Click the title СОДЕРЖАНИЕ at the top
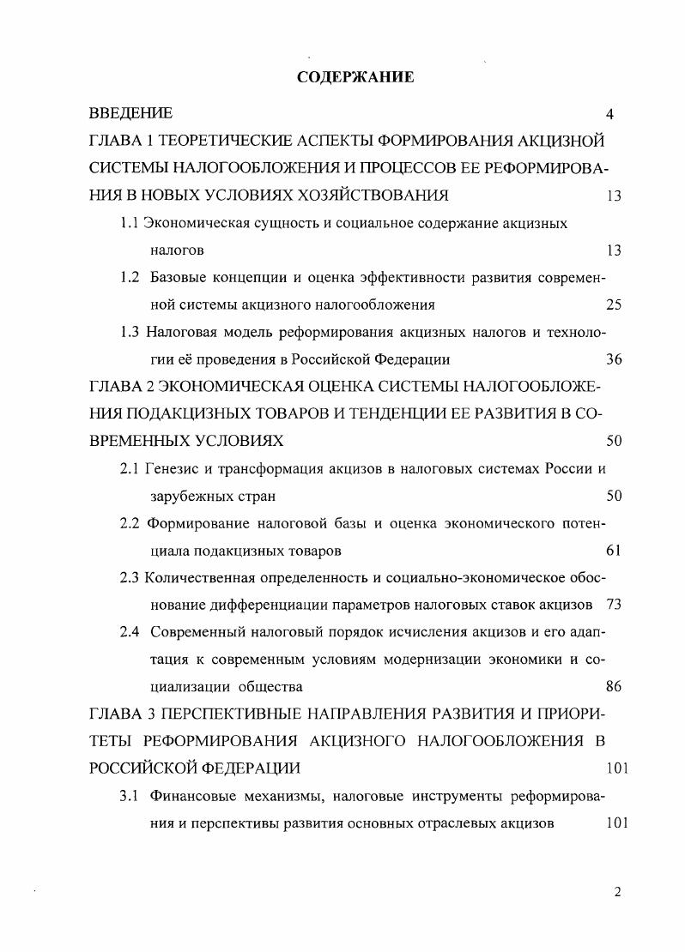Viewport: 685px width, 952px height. pos(355,77)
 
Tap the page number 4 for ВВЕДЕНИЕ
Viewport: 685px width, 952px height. pos(609,114)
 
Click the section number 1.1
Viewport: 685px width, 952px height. pos(130,223)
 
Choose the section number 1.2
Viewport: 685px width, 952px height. pos(130,277)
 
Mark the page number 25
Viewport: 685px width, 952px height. pos(613,304)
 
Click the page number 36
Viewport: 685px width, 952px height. pos(613,359)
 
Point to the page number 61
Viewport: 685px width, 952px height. pos(613,551)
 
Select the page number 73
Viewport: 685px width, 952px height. pos(613,605)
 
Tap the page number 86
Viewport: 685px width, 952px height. pos(613,686)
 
